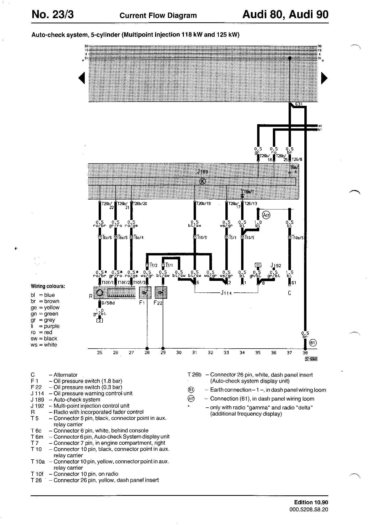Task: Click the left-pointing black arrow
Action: tap(82, 78)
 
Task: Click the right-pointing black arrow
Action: tap(324, 78)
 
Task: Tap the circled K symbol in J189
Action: tap(203, 181)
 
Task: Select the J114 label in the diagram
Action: tap(226, 293)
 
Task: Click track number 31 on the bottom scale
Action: tap(194, 353)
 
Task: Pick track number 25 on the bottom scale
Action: tap(100, 353)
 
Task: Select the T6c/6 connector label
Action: tap(107, 238)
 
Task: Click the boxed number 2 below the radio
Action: tap(99, 320)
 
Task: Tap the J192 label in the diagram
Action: tap(276, 266)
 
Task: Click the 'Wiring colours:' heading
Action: tap(48, 286)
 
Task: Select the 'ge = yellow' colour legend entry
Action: tap(45, 307)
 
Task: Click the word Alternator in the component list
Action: tap(66, 375)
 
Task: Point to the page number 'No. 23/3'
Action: tap(53, 15)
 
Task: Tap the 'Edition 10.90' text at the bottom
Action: tap(311, 502)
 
